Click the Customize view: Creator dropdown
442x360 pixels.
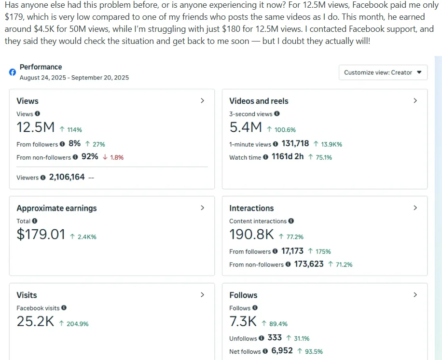(x=383, y=72)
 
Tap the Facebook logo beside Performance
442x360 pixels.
(x=13, y=72)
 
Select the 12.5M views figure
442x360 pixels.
(x=35, y=127)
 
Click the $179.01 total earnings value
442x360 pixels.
(x=41, y=235)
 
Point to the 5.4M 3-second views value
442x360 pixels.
(x=246, y=127)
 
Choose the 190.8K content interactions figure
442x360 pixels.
(x=251, y=235)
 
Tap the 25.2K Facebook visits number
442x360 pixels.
(x=35, y=321)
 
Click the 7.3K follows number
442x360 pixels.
(x=243, y=321)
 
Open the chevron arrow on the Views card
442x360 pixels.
(x=202, y=100)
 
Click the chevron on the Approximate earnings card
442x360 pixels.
(x=202, y=208)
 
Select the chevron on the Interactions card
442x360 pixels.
(x=415, y=208)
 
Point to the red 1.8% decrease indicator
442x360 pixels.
(x=113, y=157)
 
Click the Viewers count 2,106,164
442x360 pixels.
(x=67, y=177)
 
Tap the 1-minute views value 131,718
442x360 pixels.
(x=295, y=144)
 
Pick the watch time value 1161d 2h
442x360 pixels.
(x=288, y=157)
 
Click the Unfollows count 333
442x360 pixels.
(x=275, y=338)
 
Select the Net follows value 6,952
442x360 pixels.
(x=282, y=351)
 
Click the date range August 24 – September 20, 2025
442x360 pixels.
(x=74, y=77)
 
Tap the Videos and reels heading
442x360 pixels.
(x=259, y=101)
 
